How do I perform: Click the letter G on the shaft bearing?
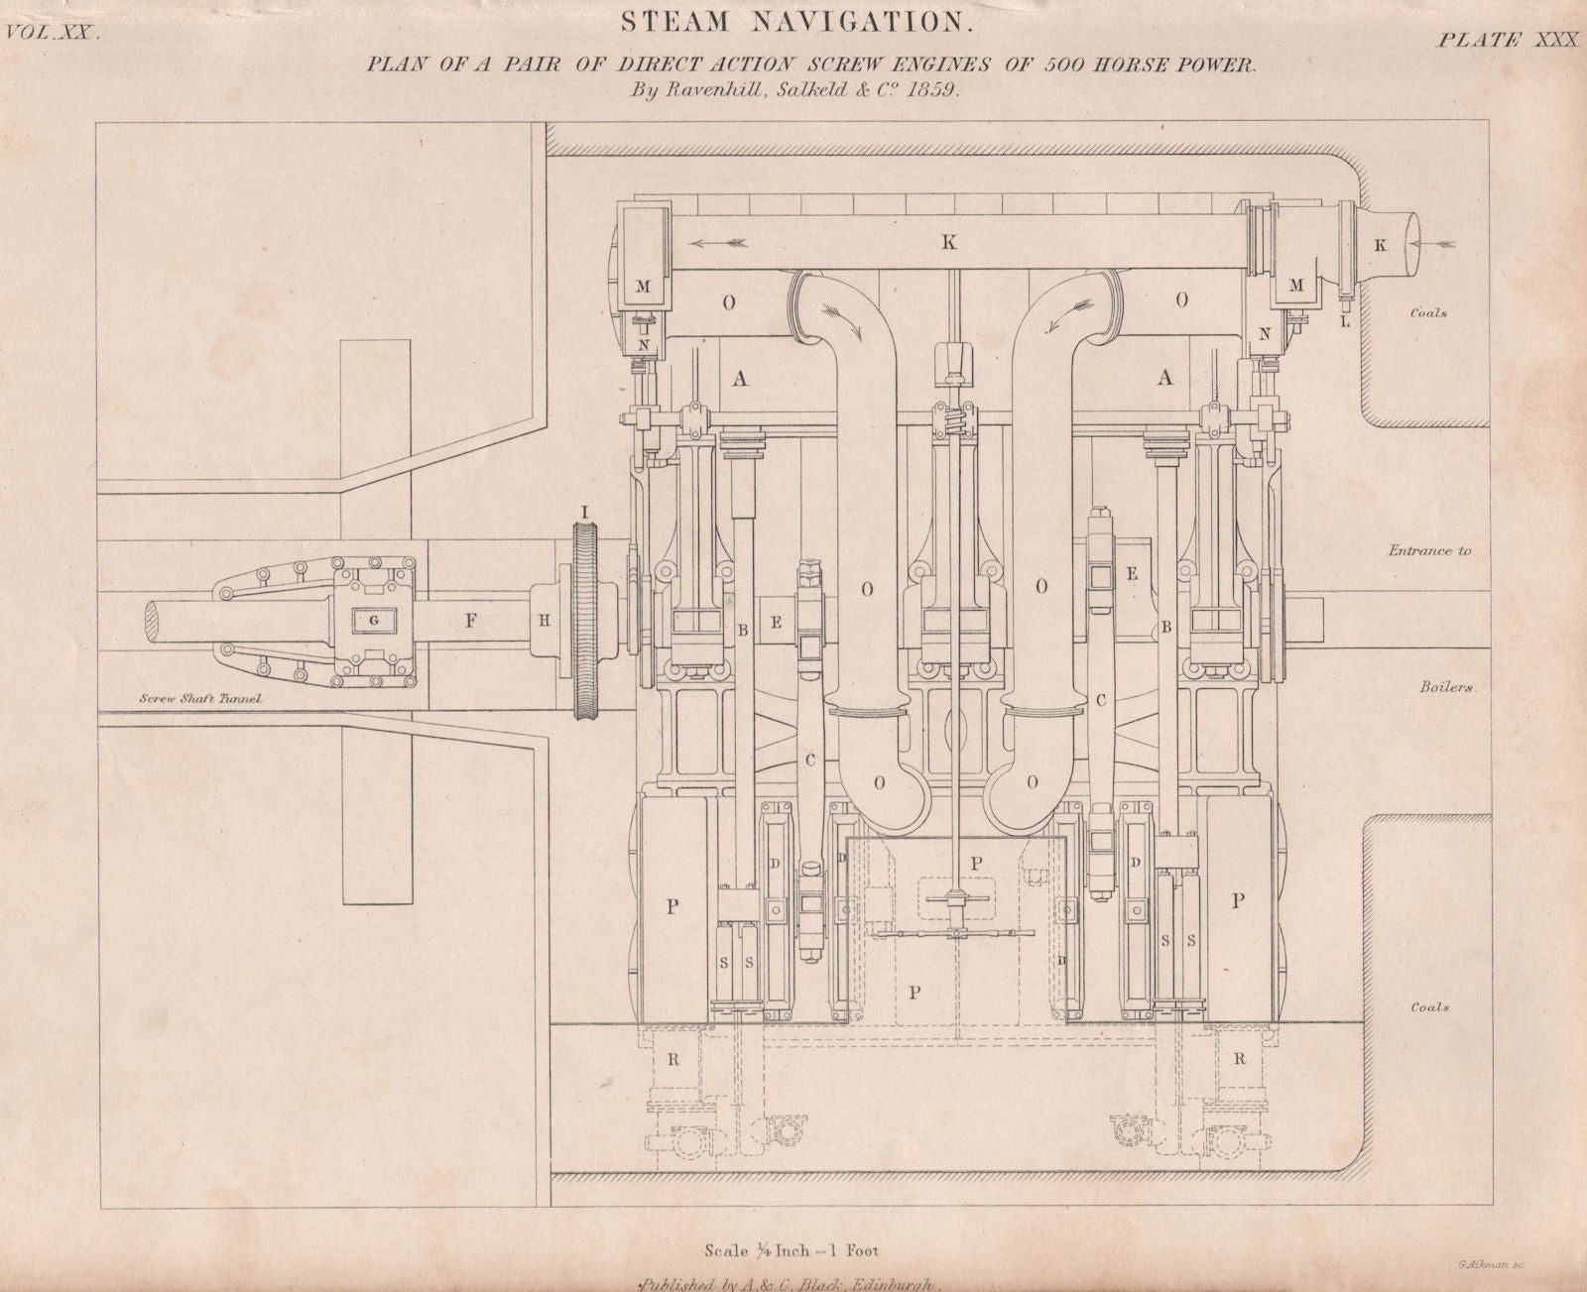pos(373,621)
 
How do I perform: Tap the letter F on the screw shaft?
pos(471,622)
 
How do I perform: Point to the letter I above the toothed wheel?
pos(585,512)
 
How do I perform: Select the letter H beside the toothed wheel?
pos(545,621)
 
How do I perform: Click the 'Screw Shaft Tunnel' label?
pos(200,699)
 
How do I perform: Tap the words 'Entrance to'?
pos(1428,550)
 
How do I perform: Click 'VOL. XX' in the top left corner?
pos(52,32)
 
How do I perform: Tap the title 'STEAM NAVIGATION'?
pos(792,19)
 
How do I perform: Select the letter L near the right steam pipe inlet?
pos(1346,323)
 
